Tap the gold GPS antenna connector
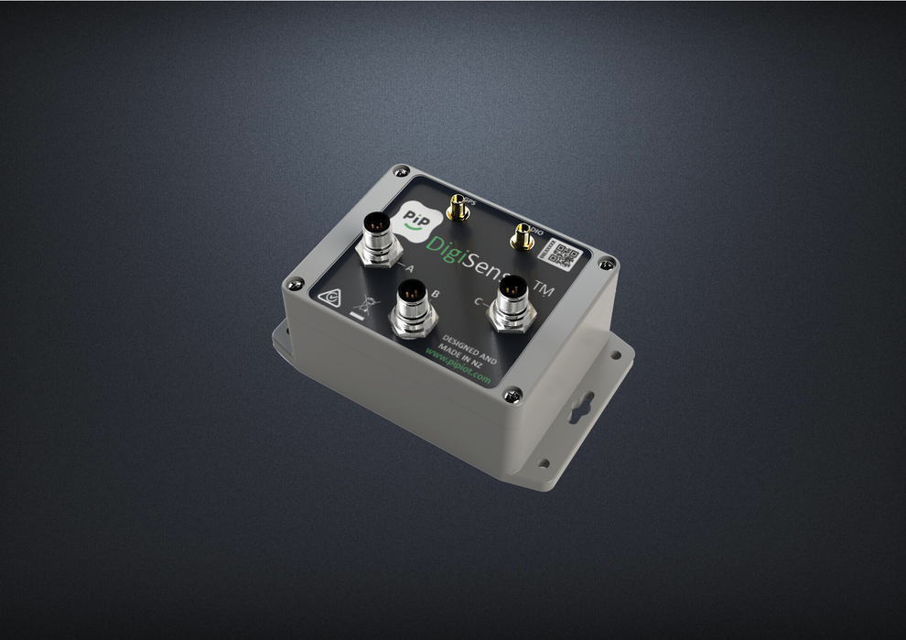tap(455, 210)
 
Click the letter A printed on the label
tap(408, 268)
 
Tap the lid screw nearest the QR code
tap(603, 264)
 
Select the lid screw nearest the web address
tap(515, 394)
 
